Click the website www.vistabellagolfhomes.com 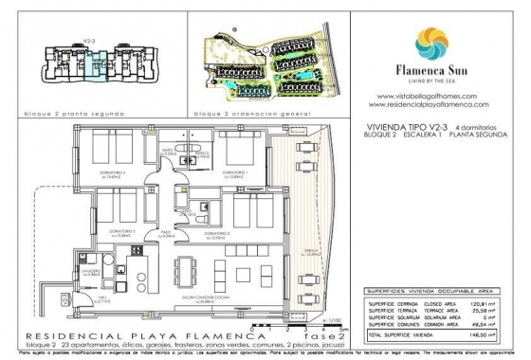point(431,95)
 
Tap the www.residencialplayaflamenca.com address point(431,103)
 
